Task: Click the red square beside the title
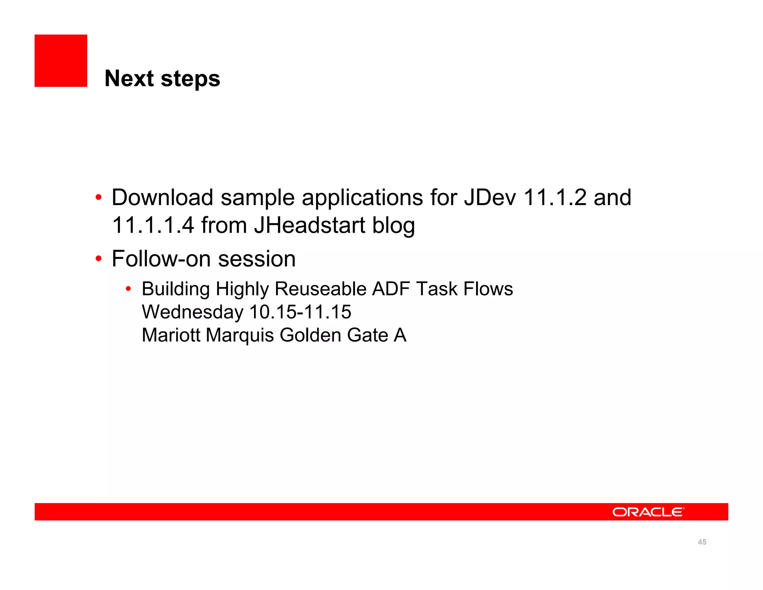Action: coord(61,61)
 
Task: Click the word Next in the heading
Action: coord(129,79)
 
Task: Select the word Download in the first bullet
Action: coord(162,197)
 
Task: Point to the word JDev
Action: coord(490,197)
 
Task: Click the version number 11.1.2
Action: coord(555,197)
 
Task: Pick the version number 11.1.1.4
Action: coord(153,225)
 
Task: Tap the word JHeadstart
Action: coord(310,225)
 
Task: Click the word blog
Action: coord(394,226)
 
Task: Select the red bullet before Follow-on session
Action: coord(98,258)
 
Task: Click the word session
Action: coord(257,259)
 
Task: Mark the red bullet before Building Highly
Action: coord(128,289)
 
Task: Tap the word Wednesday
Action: coord(192,312)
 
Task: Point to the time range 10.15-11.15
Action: coord(300,312)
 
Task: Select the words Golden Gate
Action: coord(334,335)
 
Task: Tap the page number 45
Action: coord(702,542)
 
